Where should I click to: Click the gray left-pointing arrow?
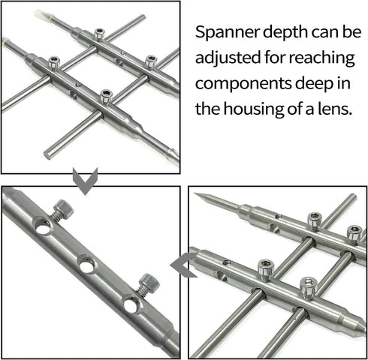pyautogui.click(x=182, y=266)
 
